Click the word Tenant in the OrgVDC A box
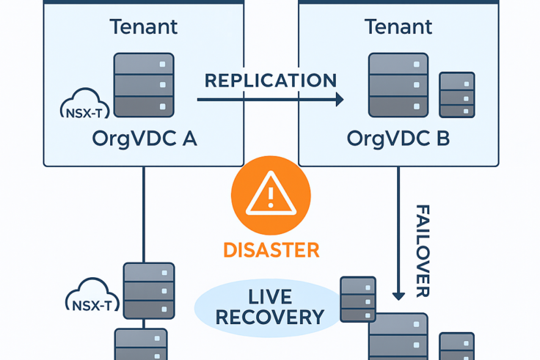pyautogui.click(x=144, y=27)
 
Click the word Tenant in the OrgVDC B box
pyautogui.click(x=398, y=27)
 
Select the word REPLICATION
pyautogui.click(x=270, y=81)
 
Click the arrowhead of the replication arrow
pyautogui.click(x=338, y=100)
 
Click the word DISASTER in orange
pyautogui.click(x=271, y=250)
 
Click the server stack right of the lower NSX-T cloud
pyautogui.click(x=148, y=291)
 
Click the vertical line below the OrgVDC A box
pyautogui.click(x=143, y=213)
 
